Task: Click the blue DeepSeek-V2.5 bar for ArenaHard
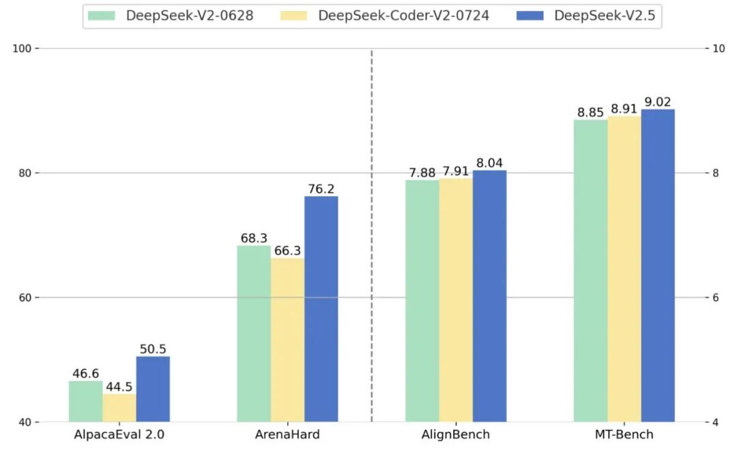click(321, 309)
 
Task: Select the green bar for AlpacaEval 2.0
click(85, 401)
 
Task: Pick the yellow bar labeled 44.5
click(119, 407)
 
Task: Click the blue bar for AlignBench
click(489, 296)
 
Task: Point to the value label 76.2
click(321, 189)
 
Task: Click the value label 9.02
click(658, 102)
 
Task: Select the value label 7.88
click(422, 172)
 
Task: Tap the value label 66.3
click(287, 251)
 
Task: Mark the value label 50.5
click(153, 349)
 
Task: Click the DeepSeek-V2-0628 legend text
click(190, 16)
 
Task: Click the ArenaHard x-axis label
click(287, 435)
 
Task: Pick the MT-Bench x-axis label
click(624, 435)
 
